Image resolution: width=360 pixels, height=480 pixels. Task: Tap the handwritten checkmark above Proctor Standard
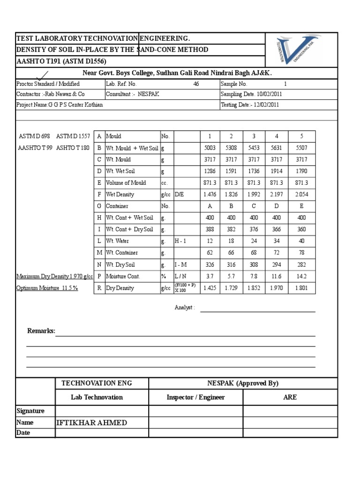[x=44, y=75]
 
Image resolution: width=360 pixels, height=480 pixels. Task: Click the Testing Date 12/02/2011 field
[x=250, y=105]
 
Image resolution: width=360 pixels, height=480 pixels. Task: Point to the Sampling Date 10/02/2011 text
[x=251, y=94]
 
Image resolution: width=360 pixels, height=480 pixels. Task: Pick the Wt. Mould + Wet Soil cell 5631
[x=276, y=148]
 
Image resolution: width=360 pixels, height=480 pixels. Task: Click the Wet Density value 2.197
[x=276, y=195]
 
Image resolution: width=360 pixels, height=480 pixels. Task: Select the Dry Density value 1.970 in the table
[x=276, y=288]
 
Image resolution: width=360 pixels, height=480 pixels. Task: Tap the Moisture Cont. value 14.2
[x=301, y=277]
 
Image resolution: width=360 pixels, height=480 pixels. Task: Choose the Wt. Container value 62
[x=210, y=253]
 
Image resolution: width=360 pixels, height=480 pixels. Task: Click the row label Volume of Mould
[x=126, y=183]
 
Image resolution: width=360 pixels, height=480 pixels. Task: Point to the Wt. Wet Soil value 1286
[x=210, y=171]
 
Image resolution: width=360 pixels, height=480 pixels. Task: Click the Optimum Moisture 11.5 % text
[x=47, y=288]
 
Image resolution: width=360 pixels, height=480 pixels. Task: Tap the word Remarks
[x=41, y=331]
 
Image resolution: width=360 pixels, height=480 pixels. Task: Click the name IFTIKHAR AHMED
[x=91, y=423]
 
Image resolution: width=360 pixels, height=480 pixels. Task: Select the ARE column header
[x=290, y=397]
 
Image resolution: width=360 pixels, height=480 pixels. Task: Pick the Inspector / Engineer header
[x=195, y=397]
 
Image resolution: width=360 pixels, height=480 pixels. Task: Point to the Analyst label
[x=184, y=308]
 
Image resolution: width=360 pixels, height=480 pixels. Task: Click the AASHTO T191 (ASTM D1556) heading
[x=61, y=61]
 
